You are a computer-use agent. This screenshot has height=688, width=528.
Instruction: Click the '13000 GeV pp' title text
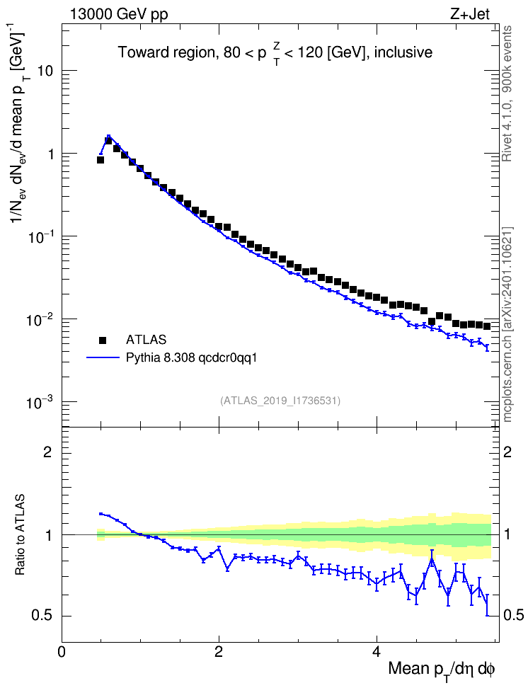pyautogui.click(x=118, y=15)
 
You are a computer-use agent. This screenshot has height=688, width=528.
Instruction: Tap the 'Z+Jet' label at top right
pyautogui.click(x=470, y=14)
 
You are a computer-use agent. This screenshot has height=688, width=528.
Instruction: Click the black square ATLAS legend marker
pyautogui.click(x=103, y=340)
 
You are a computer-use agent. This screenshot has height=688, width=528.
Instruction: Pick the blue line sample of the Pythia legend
pyautogui.click(x=103, y=358)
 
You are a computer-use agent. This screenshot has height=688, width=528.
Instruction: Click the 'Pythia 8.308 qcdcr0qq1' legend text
pyautogui.click(x=191, y=358)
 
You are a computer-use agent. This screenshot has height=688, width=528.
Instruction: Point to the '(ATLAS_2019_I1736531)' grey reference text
pyautogui.click(x=280, y=400)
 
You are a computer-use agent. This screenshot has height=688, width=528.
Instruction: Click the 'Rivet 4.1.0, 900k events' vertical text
pyautogui.click(x=507, y=93)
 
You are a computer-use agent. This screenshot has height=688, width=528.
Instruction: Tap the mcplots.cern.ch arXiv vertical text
pyautogui.click(x=507, y=324)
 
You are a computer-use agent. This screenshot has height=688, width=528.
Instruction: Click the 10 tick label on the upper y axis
pyautogui.click(x=45, y=71)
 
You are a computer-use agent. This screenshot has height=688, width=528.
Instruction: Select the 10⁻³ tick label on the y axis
pyautogui.click(x=40, y=402)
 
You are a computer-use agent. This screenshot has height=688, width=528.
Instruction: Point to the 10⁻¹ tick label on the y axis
pyautogui.click(x=40, y=236)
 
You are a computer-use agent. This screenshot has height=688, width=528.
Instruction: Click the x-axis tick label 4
pyautogui.click(x=376, y=651)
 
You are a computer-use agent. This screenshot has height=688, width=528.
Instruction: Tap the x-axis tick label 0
pyautogui.click(x=62, y=651)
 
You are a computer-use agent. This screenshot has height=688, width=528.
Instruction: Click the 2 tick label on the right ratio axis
pyautogui.click(x=507, y=452)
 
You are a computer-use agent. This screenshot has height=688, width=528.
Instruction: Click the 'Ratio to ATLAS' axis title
pyautogui.click(x=21, y=534)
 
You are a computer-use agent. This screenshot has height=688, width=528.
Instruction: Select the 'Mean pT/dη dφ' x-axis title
pyautogui.click(x=442, y=670)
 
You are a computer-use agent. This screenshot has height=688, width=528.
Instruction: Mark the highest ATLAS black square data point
pyautogui.click(x=108, y=140)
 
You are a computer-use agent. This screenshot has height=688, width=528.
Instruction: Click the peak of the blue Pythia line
pyautogui.click(x=108, y=136)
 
